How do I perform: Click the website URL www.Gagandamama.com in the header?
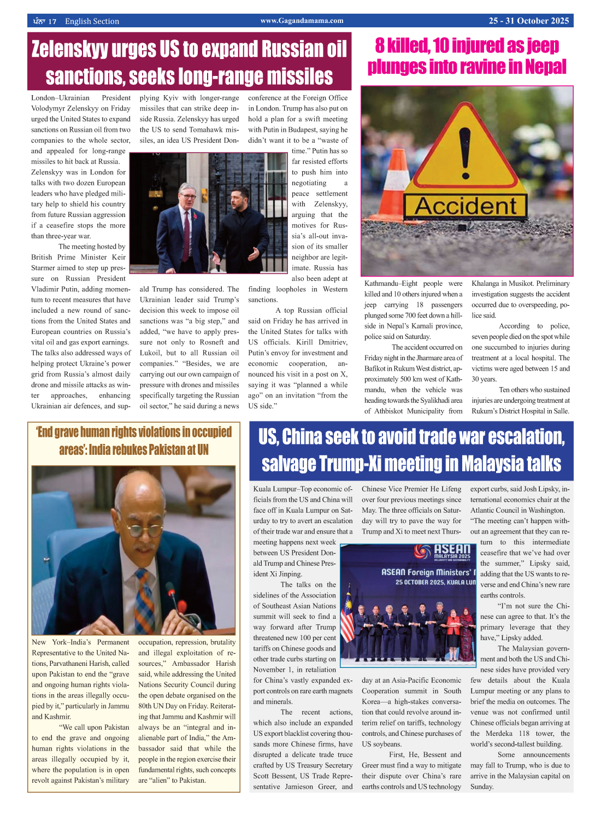[x=302, y=21]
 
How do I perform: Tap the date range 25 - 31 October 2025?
[x=528, y=21]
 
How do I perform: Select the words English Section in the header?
[x=92, y=21]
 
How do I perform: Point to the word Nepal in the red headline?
[x=545, y=67]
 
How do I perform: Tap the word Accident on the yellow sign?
[x=466, y=207]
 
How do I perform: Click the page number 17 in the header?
[x=52, y=21]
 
